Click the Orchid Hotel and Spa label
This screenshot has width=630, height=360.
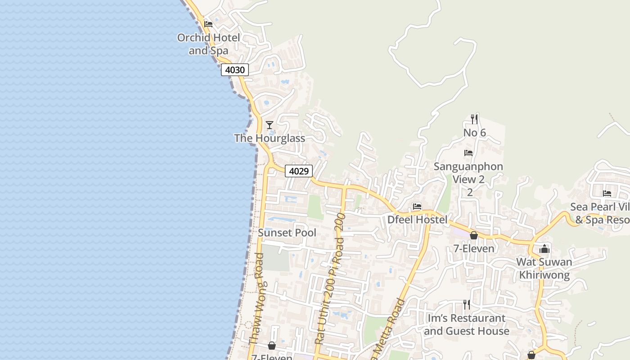[x=208, y=44]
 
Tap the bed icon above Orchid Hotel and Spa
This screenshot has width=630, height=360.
[x=208, y=24]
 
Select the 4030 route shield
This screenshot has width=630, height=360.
[x=234, y=70]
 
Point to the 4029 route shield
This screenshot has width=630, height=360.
[x=299, y=171]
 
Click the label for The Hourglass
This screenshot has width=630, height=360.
[x=270, y=138]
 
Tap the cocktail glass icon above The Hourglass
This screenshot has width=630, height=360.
[x=270, y=125]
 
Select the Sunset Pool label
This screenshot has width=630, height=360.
[x=287, y=233]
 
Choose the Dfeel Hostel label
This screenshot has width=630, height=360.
[x=418, y=220]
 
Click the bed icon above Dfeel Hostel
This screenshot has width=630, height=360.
[x=417, y=207]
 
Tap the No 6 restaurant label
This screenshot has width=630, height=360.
[x=475, y=133]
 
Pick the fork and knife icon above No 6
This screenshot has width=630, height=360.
[x=474, y=119]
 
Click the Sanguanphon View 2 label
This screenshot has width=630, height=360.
[x=468, y=173]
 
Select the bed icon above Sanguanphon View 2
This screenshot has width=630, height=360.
[x=468, y=153]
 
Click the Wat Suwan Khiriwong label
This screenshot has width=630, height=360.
[x=544, y=268]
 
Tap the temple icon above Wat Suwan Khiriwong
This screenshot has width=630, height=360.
[x=544, y=249]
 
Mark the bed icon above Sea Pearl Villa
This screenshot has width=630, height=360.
[x=607, y=193]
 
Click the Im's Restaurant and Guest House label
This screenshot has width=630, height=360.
[x=467, y=324]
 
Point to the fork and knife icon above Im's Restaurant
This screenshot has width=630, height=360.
[x=467, y=305]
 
